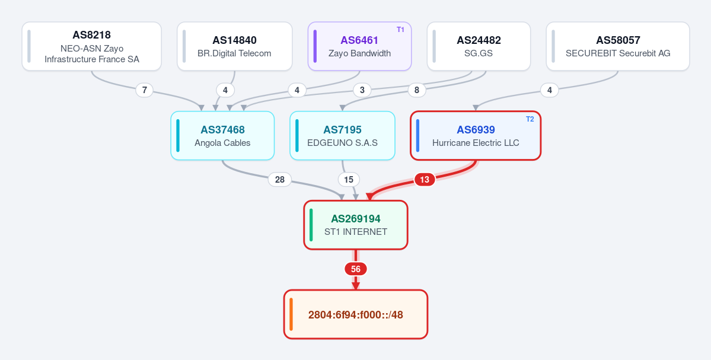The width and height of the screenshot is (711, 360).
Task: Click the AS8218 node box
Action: pos(91,46)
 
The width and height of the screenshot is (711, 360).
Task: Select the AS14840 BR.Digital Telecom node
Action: pos(234,46)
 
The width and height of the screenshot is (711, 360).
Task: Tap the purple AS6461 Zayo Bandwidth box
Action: pos(359,46)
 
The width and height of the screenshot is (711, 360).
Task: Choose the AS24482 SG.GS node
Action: pos(479,46)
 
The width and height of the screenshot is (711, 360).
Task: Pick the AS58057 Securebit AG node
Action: pos(617,46)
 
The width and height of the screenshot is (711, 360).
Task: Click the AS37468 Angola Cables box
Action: pos(222,136)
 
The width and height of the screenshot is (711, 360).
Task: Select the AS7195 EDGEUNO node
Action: pos(342,136)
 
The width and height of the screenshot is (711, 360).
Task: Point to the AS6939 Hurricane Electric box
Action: pos(476,136)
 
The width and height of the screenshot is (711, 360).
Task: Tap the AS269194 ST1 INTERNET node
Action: pos(356,225)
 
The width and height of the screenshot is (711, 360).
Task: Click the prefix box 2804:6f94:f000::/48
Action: pos(356,314)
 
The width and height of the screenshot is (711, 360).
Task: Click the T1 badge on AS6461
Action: pos(400,30)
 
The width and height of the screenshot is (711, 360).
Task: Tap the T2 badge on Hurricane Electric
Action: pos(530,119)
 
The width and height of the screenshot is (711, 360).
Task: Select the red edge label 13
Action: pos(425,180)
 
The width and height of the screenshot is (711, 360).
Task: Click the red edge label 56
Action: pos(356,269)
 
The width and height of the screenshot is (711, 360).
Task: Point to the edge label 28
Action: pos(280,180)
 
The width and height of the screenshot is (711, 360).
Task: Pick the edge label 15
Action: pos(348,180)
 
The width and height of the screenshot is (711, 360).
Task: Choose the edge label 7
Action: pos(144,90)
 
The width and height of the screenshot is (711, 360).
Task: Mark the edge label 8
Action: pos(417,90)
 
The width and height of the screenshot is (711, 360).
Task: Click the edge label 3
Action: pos(362,90)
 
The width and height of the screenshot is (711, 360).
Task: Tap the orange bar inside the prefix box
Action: pos(291,314)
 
